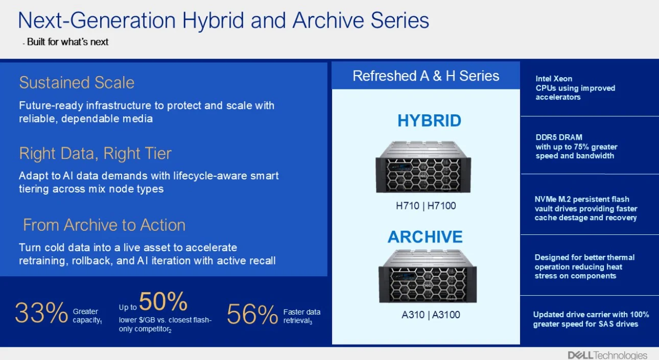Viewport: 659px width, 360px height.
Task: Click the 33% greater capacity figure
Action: click(41, 313)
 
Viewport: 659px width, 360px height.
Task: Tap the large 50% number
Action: click(163, 301)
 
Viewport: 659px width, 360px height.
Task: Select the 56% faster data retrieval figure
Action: click(252, 315)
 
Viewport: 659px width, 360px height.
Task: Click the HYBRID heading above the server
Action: click(429, 121)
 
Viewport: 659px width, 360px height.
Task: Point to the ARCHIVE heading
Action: click(425, 237)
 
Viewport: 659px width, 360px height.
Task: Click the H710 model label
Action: click(408, 206)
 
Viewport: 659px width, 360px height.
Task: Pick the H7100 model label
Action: click(441, 206)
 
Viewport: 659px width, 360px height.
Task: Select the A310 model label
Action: click(413, 315)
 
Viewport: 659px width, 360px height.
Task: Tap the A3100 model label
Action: click(446, 315)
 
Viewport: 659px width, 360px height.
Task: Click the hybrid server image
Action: click(423, 167)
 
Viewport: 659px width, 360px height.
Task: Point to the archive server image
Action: click(428, 276)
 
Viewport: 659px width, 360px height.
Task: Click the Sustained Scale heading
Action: click(77, 83)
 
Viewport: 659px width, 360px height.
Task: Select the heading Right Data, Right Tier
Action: click(96, 154)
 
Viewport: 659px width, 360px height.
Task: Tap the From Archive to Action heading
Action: click(104, 225)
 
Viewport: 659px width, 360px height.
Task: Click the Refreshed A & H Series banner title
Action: click(426, 76)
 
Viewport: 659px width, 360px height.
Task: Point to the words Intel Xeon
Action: click(554, 79)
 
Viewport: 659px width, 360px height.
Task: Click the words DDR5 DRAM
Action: click(559, 137)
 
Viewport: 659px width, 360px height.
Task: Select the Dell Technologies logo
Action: click(607, 355)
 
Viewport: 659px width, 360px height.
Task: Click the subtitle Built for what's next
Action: click(67, 42)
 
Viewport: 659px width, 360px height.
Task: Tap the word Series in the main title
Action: click(400, 20)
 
